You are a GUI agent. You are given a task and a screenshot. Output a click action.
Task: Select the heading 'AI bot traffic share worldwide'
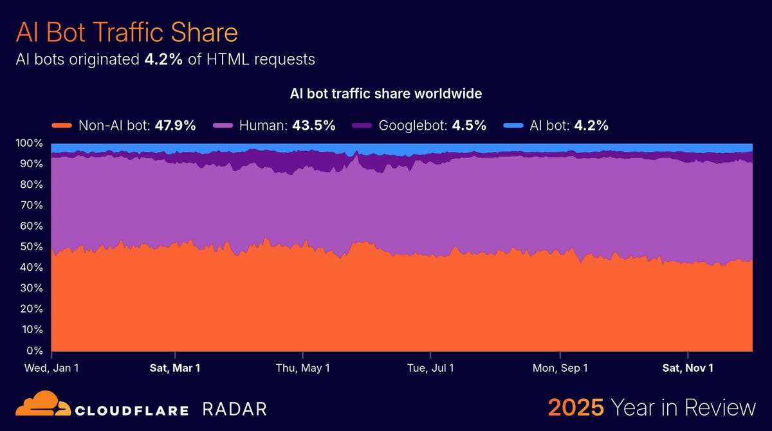[x=386, y=94]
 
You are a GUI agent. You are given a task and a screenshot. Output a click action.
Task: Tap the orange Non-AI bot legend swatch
[x=62, y=125]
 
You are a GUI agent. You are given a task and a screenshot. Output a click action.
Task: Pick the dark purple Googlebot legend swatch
[x=365, y=125]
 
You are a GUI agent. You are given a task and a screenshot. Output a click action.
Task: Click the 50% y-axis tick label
[x=30, y=247]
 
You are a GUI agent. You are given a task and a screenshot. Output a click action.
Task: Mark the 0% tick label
[x=33, y=351]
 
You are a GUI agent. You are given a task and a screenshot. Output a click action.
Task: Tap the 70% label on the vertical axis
[x=30, y=205]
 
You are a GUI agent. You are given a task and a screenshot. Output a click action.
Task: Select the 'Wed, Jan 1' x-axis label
[x=51, y=369]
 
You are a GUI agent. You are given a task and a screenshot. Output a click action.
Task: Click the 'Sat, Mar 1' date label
[x=174, y=369]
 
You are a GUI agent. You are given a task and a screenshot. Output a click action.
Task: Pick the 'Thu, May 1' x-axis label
[x=302, y=369]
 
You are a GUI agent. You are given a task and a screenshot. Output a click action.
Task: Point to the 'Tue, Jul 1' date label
[x=430, y=369]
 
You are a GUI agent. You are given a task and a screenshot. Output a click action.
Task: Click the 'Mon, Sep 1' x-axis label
[x=560, y=369]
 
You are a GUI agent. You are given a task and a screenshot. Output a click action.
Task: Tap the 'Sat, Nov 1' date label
[x=688, y=369]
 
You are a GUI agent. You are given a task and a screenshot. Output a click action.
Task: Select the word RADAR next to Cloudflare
[x=234, y=409]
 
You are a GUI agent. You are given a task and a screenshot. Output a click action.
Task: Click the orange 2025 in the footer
[x=575, y=408]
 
